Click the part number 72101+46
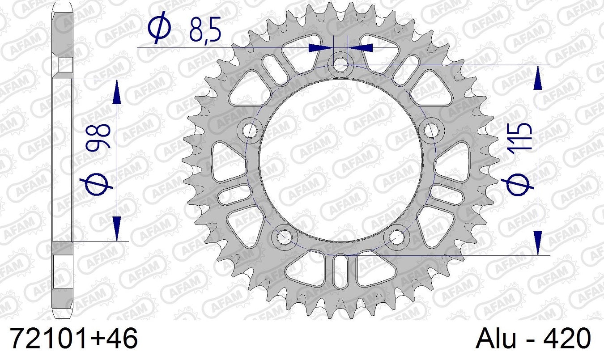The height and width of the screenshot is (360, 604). [x=74, y=339]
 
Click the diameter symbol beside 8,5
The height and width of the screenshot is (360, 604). [x=159, y=28]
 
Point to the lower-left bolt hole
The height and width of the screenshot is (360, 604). [x=285, y=236]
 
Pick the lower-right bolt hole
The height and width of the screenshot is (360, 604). [x=396, y=236]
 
